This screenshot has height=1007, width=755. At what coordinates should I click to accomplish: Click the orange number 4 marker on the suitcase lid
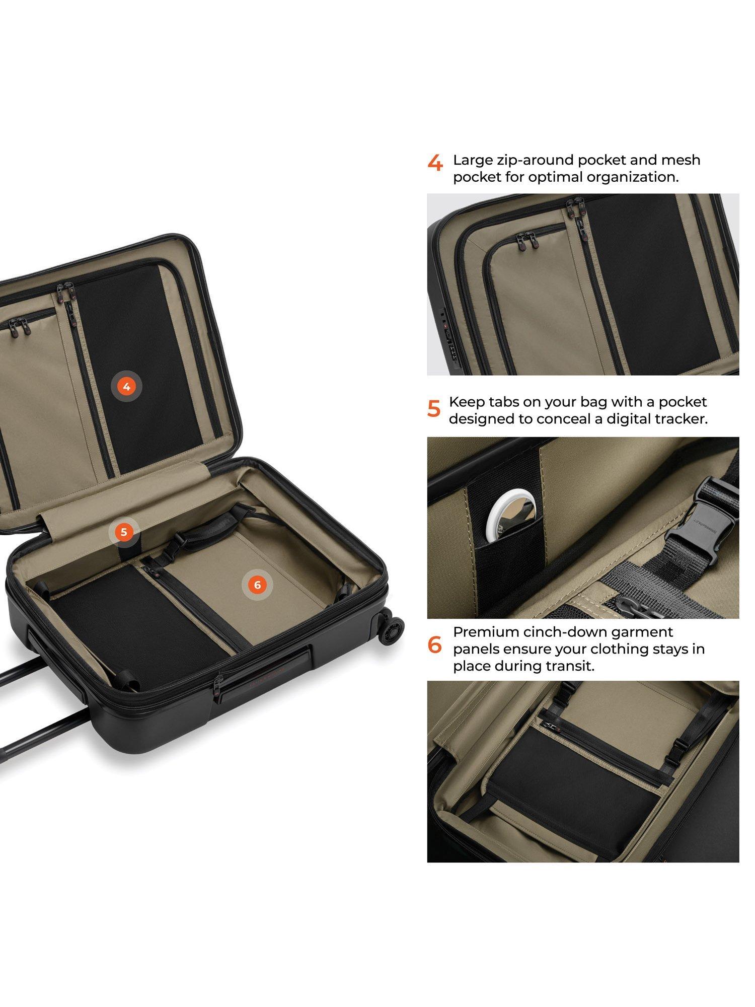(126, 387)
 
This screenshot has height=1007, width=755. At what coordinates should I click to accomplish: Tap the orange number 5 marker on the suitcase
(124, 532)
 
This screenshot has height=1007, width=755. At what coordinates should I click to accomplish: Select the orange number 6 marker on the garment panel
(258, 585)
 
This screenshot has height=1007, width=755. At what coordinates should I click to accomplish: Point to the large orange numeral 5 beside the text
(433, 408)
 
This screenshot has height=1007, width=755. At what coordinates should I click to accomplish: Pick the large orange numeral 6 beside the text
(434, 645)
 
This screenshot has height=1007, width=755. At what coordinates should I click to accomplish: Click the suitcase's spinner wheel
(392, 627)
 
